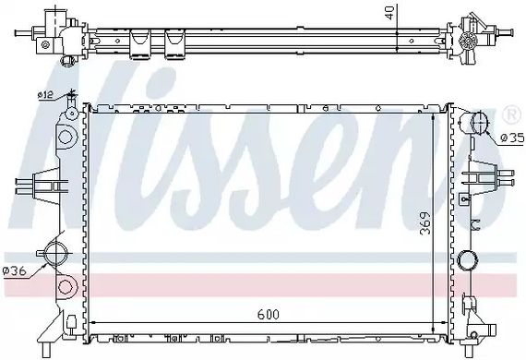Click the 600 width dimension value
tap(268, 315)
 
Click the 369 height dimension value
tap(424, 223)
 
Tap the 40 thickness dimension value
tap(389, 13)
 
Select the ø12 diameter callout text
tap(45, 95)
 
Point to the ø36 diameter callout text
tap(14, 270)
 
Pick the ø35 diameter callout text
tap(512, 138)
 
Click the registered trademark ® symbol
tap(512, 115)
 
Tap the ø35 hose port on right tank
tap(479, 122)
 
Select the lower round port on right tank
tap(468, 259)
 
